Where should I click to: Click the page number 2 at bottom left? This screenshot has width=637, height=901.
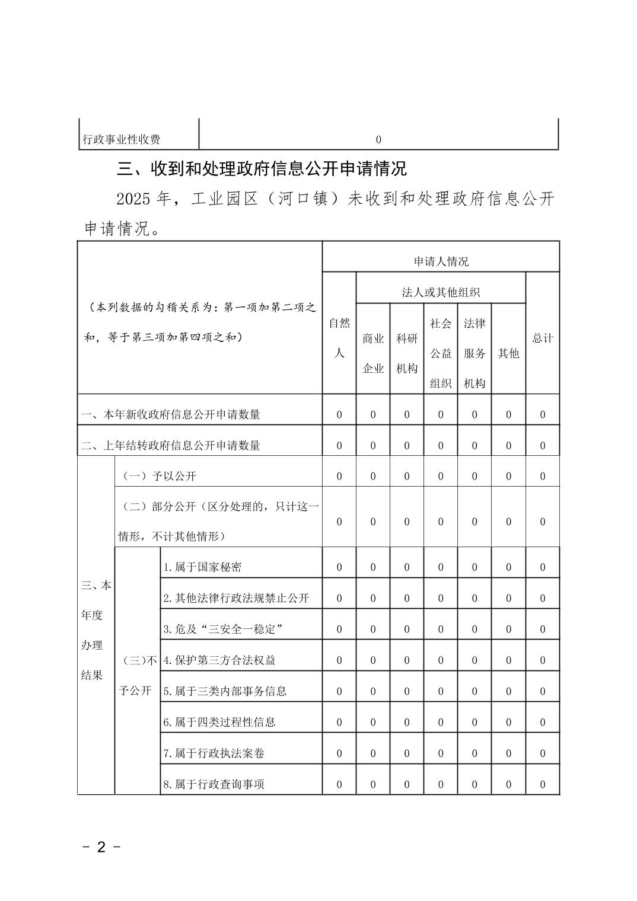101,847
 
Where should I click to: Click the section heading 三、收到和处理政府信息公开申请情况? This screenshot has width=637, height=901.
262,169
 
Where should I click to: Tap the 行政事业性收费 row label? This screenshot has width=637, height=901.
122,140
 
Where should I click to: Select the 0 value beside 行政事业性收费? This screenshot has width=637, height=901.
378,140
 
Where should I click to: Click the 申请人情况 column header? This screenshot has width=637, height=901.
441,261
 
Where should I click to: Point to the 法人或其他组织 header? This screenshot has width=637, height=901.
441,292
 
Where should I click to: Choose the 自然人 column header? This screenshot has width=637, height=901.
339,338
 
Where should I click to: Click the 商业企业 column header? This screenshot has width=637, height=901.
373,353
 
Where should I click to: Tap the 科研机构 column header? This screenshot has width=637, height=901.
407,353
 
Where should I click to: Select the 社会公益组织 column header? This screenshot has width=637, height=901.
441,353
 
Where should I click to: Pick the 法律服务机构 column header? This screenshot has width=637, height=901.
474,353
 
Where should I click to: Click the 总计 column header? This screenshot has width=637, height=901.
542,338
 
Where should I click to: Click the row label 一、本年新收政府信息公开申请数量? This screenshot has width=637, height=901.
171,414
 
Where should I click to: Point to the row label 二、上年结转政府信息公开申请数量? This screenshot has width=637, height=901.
171,445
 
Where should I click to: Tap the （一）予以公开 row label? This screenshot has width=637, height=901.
159,476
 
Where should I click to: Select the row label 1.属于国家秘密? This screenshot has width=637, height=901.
203,567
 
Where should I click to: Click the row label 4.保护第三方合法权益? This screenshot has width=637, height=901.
219,660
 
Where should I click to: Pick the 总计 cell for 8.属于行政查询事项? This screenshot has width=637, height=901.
542,784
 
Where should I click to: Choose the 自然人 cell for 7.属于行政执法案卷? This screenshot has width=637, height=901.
339,753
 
